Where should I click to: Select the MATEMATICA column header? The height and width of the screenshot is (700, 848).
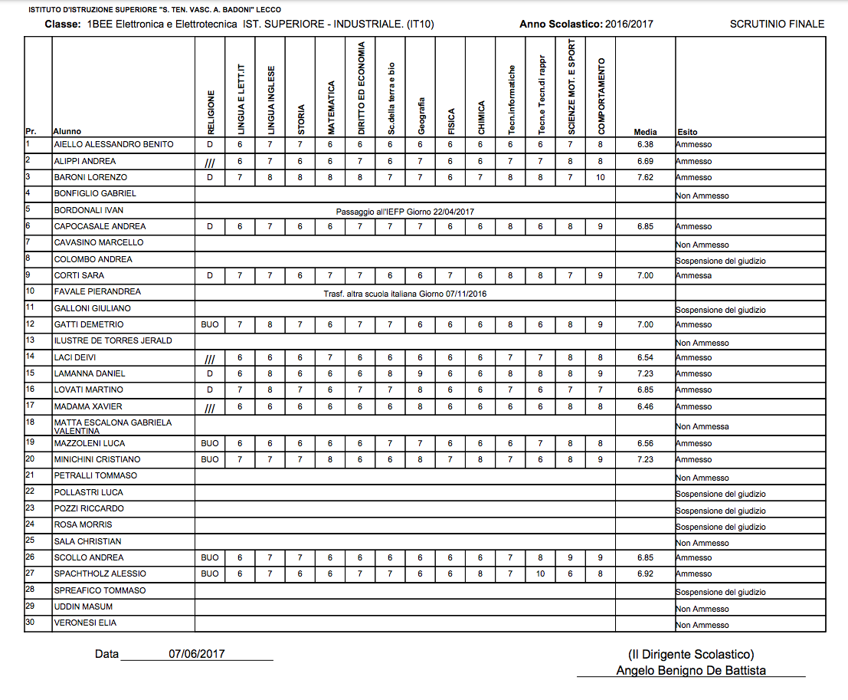(331, 107)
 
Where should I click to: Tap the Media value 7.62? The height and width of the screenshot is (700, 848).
(645, 177)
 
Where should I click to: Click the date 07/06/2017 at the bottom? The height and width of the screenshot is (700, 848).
(197, 654)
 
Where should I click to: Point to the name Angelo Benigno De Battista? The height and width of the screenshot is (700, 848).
(691, 670)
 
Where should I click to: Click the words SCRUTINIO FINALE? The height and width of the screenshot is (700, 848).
(777, 24)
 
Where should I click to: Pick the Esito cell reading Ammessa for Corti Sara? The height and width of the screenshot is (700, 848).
(693, 275)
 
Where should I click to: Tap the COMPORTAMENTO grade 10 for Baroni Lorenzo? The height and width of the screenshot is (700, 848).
(601, 177)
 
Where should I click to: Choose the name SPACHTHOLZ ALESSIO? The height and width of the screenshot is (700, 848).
(89, 573)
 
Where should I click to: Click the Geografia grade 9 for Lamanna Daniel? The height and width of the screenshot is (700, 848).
(420, 373)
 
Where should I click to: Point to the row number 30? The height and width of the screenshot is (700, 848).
(31, 622)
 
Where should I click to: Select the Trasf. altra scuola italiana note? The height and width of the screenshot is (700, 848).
(405, 293)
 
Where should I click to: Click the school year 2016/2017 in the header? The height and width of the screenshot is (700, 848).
(629, 24)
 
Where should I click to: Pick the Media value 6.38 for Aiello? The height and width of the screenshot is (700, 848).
(645, 144)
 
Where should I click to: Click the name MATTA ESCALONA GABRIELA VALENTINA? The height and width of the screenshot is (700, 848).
(113, 426)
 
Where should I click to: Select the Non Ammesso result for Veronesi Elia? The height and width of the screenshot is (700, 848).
(702, 626)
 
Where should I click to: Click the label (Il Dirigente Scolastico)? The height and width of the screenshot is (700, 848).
(691, 654)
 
